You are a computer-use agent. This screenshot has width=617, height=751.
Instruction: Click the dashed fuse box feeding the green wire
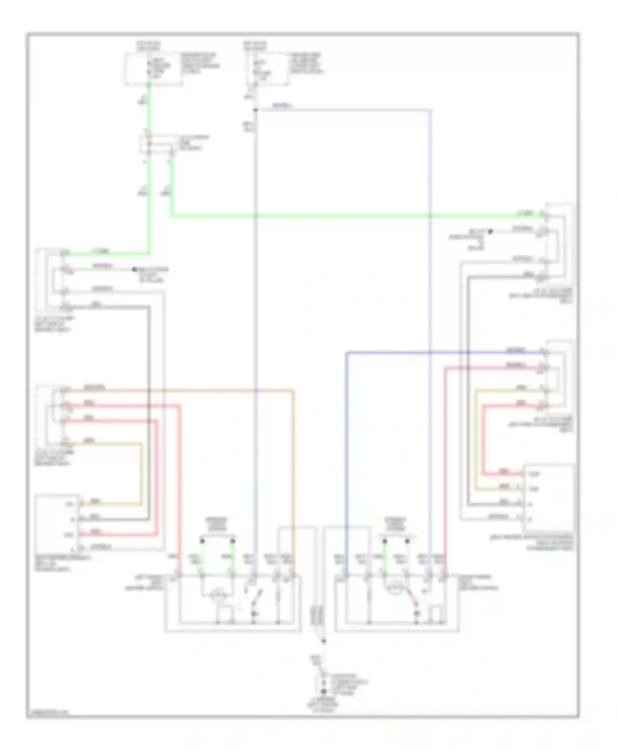coord(153,69)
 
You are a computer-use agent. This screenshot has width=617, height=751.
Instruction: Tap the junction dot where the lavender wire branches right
coord(255,110)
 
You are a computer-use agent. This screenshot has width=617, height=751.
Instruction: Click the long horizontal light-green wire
coord(341,215)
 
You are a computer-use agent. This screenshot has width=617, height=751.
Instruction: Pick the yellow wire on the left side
coord(141,472)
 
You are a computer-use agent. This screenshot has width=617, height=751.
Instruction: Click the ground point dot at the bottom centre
coord(324,692)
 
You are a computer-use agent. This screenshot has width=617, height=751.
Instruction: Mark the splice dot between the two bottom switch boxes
coord(324,641)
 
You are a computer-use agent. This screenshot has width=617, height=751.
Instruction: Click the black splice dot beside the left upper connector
coord(134,270)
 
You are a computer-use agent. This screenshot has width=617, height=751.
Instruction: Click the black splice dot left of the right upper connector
coord(490,232)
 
